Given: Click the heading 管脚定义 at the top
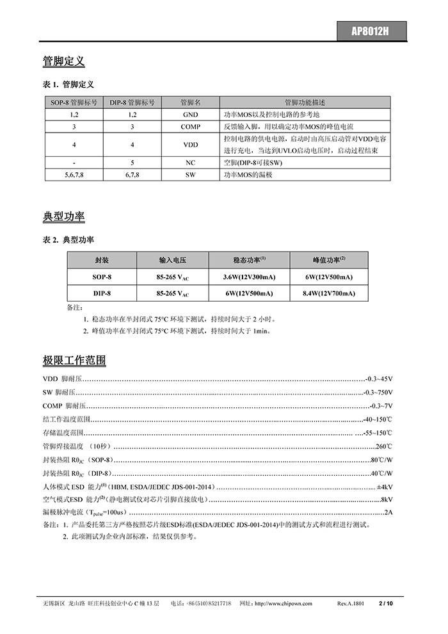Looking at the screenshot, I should tap(63, 61).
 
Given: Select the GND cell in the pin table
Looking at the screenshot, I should tap(190, 114).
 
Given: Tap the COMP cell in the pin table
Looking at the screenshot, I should tap(190, 127).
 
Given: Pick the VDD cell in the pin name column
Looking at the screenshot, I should tap(190, 145).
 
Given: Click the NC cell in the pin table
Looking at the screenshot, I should tap(190, 163).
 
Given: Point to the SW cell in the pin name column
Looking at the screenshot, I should tap(190, 174).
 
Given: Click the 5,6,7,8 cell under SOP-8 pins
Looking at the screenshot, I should tap(74, 174).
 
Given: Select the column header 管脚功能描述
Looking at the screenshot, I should tap(305, 102).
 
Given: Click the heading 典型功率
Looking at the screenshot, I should tap(63, 216).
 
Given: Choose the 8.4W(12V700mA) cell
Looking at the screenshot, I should tap(328, 293).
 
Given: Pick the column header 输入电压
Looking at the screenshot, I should tap(172, 260).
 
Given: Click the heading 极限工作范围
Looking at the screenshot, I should tap(74, 360).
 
